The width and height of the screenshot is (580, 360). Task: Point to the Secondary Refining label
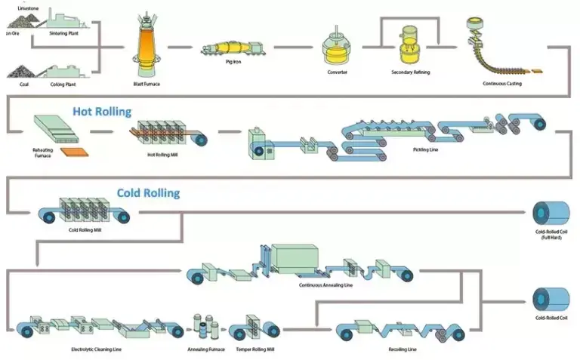[x=411, y=72]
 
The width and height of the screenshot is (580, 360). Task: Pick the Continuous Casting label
[x=502, y=84]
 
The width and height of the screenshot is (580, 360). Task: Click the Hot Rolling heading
[x=102, y=112]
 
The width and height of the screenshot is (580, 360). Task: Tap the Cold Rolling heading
[x=148, y=193]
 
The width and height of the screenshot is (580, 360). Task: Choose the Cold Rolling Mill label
[x=85, y=229]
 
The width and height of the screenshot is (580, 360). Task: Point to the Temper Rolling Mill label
[x=253, y=349]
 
